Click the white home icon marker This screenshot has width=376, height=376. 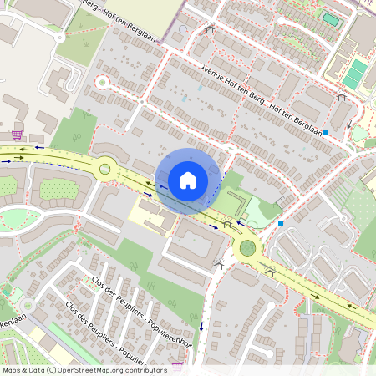[x=188, y=180]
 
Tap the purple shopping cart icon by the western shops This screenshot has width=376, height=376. [x=17, y=133]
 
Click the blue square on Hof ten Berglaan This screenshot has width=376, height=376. [x=327, y=132]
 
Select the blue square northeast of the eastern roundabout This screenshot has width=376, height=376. [x=281, y=223]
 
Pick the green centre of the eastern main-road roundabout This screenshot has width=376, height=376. [x=247, y=247]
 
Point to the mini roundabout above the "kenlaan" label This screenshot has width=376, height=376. [x=10, y=292]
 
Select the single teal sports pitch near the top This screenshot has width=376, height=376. [x=331, y=18]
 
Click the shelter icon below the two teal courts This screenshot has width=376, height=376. [x=341, y=98]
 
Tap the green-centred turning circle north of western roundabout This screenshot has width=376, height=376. [x=103, y=83]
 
